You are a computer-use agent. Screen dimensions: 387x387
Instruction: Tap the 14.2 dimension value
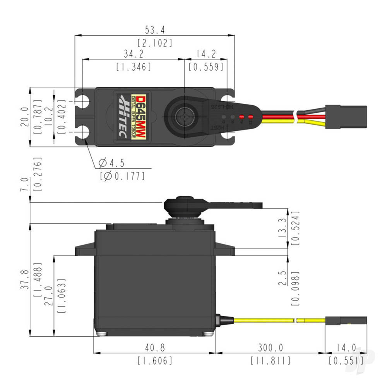coord(206,54)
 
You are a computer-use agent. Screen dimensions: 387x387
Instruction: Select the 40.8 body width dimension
coord(154,348)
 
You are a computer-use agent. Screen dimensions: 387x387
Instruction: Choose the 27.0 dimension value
coord(48,296)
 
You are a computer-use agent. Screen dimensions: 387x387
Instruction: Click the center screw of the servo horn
coord(185,116)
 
